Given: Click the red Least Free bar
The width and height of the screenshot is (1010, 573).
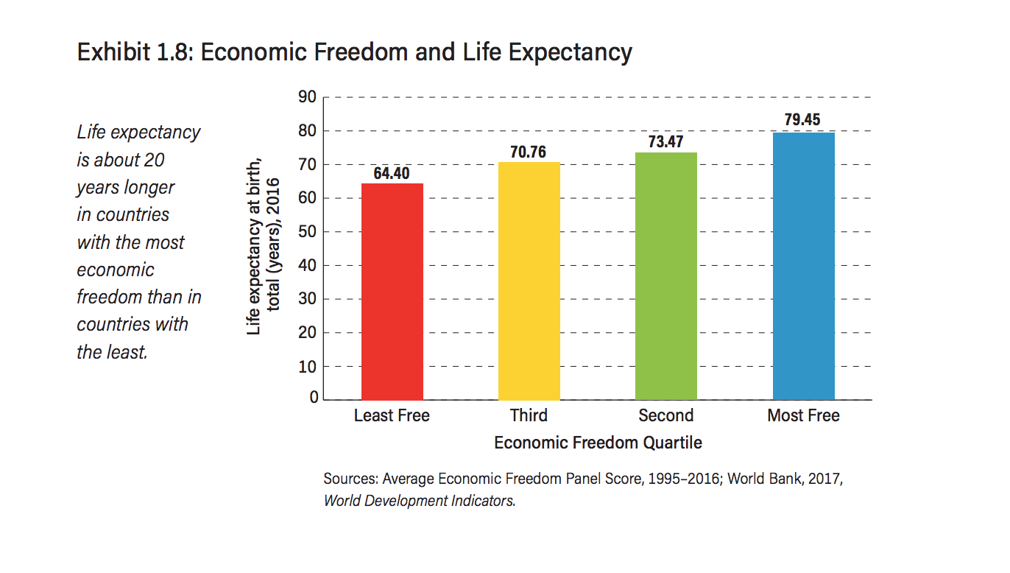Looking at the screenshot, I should click(392, 292).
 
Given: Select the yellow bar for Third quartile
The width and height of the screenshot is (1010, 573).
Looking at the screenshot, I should click(529, 281).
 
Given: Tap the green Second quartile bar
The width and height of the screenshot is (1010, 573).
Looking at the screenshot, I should click(666, 276).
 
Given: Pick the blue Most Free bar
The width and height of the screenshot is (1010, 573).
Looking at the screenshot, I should click(803, 266).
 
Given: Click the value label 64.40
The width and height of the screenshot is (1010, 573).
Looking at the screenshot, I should click(392, 173).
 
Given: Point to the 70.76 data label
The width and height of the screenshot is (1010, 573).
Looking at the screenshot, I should click(529, 152).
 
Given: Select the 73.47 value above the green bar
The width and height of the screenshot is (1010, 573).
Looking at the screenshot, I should click(665, 142).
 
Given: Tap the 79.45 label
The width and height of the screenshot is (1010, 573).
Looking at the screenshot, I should click(802, 120).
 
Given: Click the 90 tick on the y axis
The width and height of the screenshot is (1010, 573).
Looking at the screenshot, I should click(308, 97).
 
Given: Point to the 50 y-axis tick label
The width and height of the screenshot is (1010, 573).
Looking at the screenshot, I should click(308, 231).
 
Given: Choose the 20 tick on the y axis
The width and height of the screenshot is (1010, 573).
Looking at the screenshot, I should click(308, 332).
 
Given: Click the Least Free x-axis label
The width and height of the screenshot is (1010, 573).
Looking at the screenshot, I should click(392, 415).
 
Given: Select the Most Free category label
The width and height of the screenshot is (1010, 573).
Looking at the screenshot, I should click(803, 415).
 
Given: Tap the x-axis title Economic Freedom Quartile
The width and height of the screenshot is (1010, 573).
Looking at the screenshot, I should click(598, 443).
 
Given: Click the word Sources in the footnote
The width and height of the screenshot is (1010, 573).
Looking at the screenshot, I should click(350, 479).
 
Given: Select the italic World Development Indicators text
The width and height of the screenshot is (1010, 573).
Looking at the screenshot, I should click(419, 501).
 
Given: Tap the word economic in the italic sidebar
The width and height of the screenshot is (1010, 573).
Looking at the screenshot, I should click(116, 270).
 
